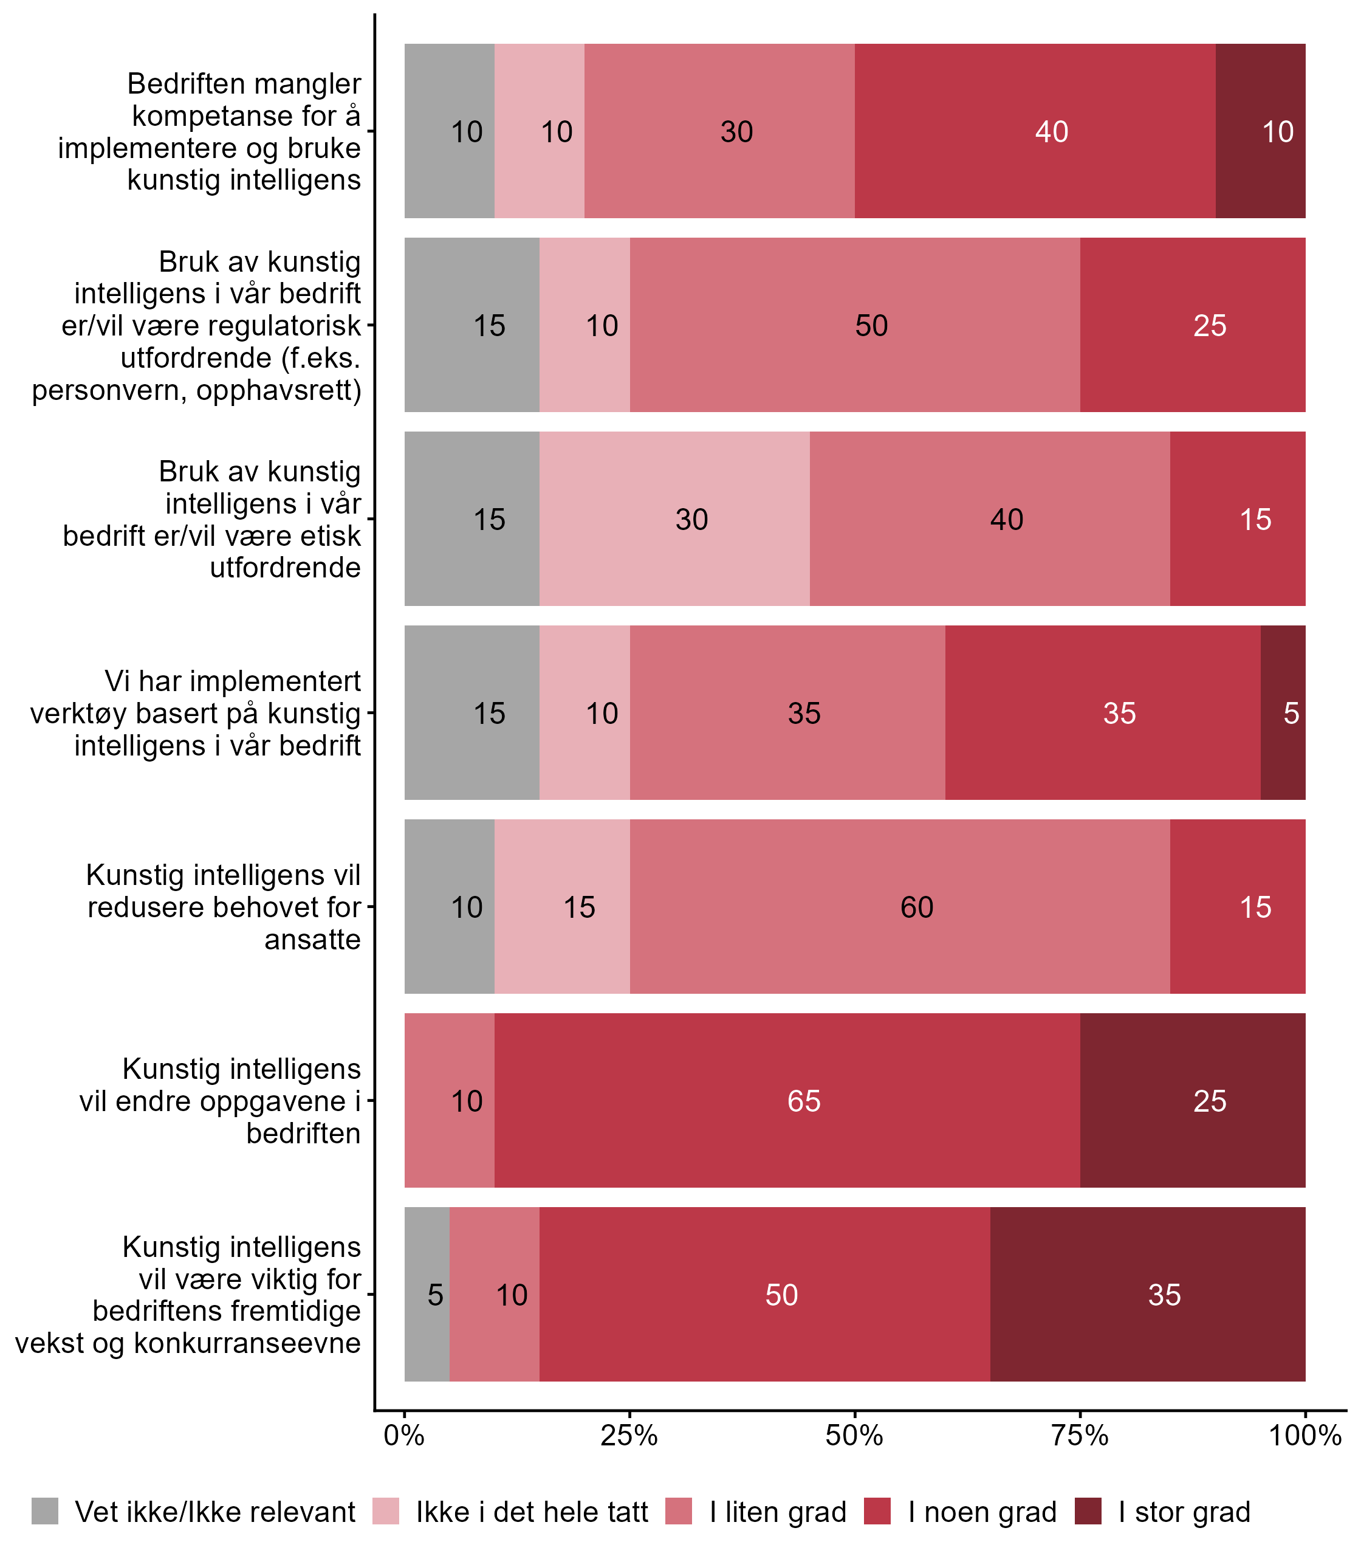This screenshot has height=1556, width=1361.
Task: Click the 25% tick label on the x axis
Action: pyautogui.click(x=629, y=1435)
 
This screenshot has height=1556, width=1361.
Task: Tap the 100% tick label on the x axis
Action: pyautogui.click(x=1305, y=1435)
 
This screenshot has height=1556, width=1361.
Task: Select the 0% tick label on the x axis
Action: pyautogui.click(x=404, y=1435)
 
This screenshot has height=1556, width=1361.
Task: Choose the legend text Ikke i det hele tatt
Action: pyautogui.click(x=532, y=1512)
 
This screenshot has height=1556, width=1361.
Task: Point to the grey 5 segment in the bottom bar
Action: pyautogui.click(x=427, y=1294)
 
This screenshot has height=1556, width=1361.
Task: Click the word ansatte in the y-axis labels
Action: pyautogui.click(x=312, y=940)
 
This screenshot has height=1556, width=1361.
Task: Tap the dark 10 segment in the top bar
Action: pyautogui.click(x=1260, y=131)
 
